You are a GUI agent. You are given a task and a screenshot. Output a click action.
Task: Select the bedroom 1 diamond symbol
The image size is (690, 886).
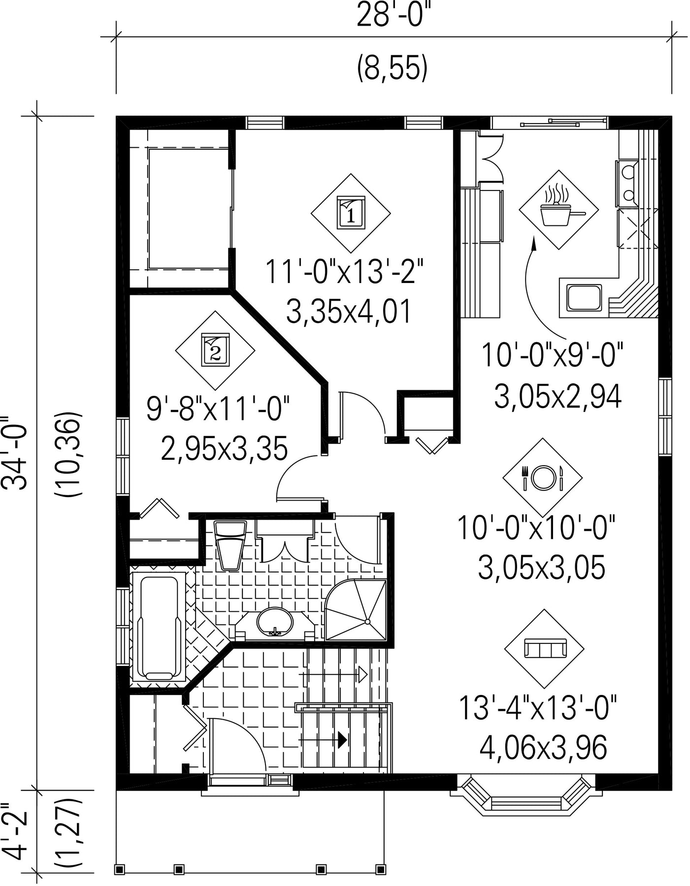(x=351, y=214)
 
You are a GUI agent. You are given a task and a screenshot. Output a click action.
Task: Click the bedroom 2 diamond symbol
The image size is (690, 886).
(x=215, y=350)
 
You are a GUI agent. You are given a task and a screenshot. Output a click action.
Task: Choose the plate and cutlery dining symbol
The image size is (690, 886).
(x=542, y=478)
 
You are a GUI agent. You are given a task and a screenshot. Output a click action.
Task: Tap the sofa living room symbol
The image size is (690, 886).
(x=544, y=649)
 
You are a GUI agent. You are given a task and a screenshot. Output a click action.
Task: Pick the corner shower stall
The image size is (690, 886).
(x=356, y=610)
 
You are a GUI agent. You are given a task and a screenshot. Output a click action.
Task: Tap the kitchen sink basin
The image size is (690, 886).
(x=584, y=297)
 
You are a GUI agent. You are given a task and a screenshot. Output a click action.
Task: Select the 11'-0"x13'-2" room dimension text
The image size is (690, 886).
(x=344, y=272)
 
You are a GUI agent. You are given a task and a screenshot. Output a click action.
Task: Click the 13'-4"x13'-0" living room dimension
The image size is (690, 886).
(x=538, y=707)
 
